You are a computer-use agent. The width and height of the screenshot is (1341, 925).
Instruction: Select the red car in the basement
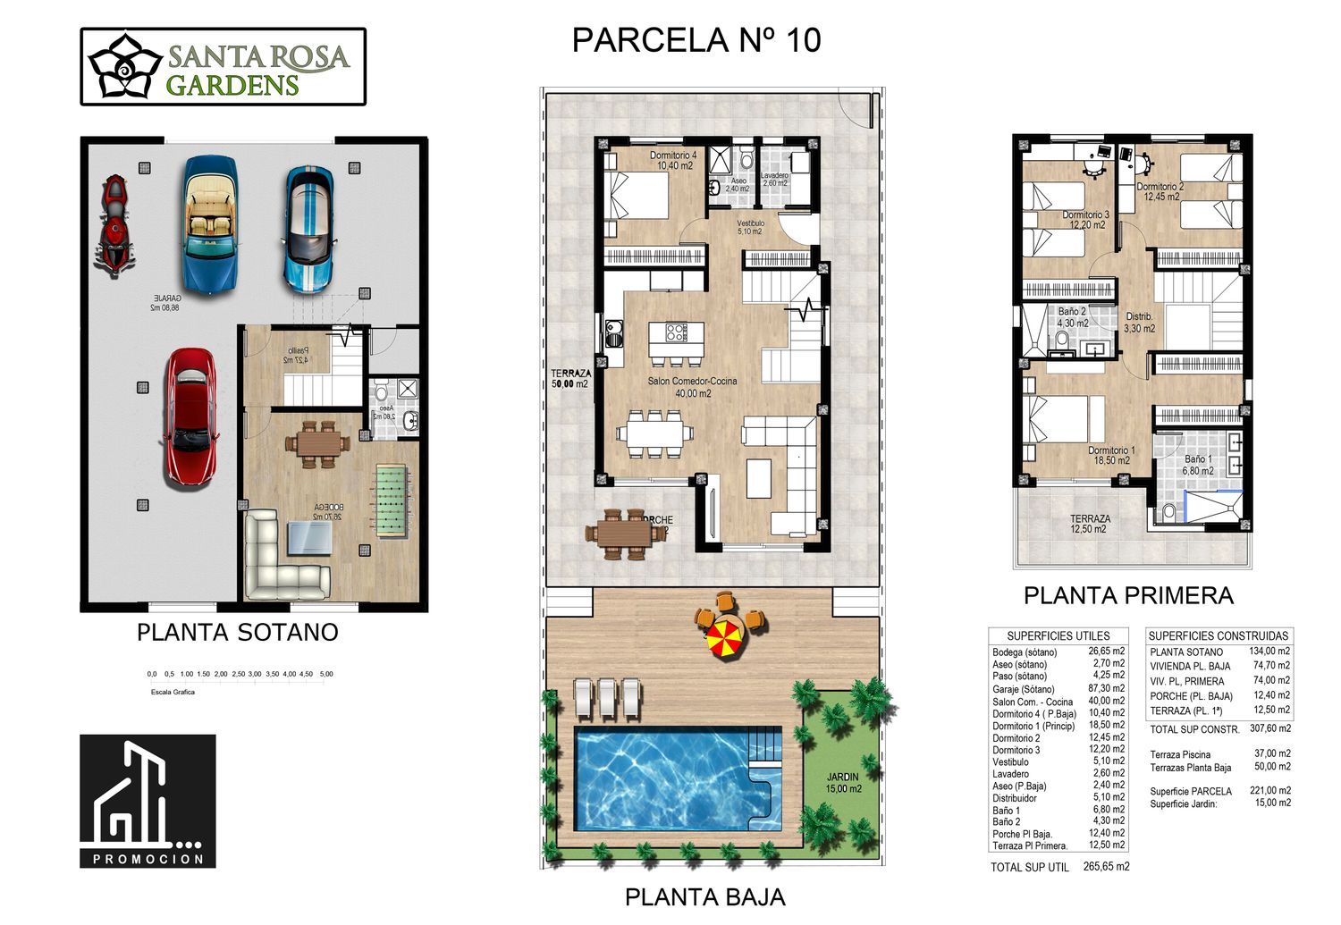click(x=190, y=416)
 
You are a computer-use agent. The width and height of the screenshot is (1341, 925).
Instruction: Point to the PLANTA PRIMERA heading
click(x=1128, y=595)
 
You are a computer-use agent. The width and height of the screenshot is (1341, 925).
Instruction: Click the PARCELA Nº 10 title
click(x=696, y=41)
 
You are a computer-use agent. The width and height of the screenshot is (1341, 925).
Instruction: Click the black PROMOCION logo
click(x=148, y=801)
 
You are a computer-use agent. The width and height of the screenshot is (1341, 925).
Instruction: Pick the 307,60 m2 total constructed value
click(x=1269, y=729)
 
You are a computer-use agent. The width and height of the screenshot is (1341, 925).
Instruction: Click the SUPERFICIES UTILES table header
click(x=1058, y=635)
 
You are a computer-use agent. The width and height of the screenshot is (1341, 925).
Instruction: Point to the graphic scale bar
click(x=240, y=675)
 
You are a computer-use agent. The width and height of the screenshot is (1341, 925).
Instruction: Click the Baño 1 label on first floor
click(x=1198, y=465)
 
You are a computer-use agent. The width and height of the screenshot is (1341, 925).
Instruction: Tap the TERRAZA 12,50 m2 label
click(x=1090, y=524)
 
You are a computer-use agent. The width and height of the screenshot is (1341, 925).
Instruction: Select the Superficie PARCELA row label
click(x=1190, y=791)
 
